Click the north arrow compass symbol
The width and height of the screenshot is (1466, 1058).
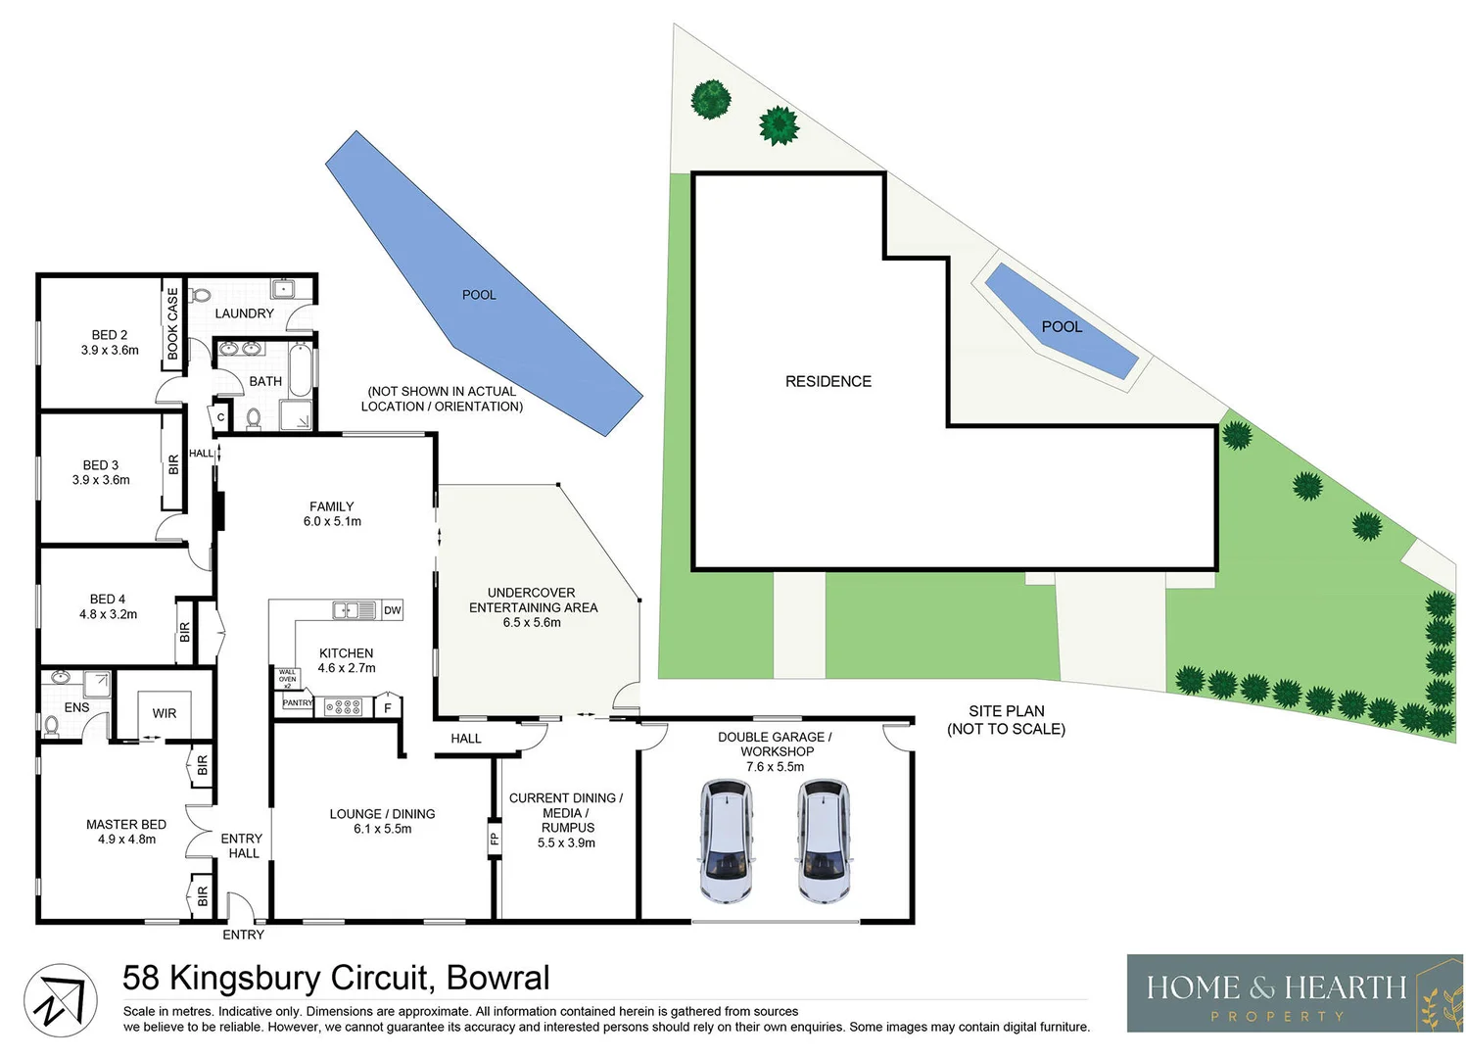click(60, 1000)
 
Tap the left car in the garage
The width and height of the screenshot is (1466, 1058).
click(726, 841)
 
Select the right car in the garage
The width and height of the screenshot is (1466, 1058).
click(823, 841)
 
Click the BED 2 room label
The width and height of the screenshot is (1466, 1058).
click(110, 335)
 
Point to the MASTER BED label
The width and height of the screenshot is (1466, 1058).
click(126, 825)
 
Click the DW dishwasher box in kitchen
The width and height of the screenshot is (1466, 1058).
click(392, 610)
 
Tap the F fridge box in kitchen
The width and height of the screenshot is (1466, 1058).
click(388, 707)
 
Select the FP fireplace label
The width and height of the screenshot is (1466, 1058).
click(495, 839)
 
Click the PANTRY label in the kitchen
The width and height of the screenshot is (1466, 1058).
click(298, 702)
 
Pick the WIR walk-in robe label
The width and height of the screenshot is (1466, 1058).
click(165, 713)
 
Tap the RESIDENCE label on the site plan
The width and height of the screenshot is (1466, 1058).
click(828, 381)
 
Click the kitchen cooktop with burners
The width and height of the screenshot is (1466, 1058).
click(343, 706)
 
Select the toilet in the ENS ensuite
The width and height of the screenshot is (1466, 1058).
click(51, 725)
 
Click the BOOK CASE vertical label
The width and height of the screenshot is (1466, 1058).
click(173, 322)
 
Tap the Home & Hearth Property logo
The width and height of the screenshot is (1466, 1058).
click(1294, 992)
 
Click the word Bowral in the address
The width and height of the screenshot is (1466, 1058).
click(497, 978)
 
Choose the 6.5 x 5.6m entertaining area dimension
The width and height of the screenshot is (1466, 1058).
click(532, 623)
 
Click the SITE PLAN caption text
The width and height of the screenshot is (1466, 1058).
click(1006, 720)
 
